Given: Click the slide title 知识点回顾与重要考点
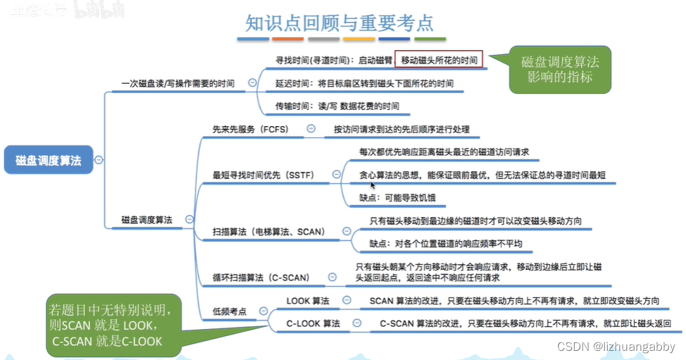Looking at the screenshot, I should (339, 23).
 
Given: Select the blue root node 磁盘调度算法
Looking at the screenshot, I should (49, 160).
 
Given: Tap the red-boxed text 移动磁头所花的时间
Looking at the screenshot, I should (439, 61).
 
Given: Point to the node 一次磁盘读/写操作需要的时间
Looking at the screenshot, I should (177, 83).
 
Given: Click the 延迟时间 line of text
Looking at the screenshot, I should (364, 83).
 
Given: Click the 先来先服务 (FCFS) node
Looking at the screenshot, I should (251, 130).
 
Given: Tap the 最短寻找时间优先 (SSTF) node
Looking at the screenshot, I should (263, 175).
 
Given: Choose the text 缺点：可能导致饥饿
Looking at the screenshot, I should (398, 198).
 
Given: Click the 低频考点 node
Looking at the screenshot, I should (230, 311).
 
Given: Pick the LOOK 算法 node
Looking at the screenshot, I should (308, 301).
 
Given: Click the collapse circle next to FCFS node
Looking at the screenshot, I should (311, 129).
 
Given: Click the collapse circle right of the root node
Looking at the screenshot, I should (99, 160).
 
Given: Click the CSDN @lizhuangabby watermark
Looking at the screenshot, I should (616, 347).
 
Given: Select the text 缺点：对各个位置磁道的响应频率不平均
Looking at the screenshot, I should (447, 244).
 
